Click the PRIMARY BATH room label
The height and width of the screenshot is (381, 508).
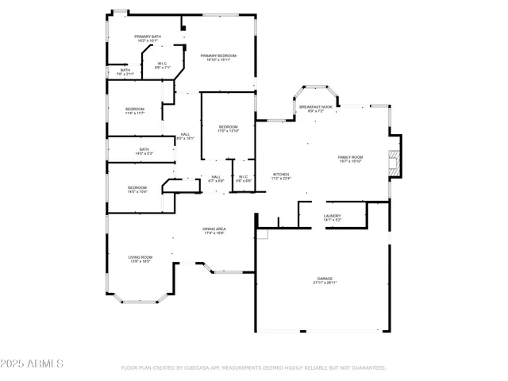click(x=147, y=37)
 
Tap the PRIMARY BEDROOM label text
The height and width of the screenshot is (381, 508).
click(x=218, y=56)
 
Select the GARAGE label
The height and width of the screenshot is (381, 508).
click(x=325, y=279)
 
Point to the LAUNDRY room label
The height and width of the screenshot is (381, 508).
click(x=332, y=216)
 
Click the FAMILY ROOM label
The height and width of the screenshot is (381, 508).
click(x=350, y=158)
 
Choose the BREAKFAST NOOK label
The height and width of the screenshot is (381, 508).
click(x=316, y=107)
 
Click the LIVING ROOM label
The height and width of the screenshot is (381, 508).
click(x=140, y=258)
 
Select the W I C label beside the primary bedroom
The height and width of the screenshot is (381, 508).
click(x=161, y=65)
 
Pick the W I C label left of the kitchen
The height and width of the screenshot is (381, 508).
click(x=243, y=178)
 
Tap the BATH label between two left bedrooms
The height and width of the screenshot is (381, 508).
click(x=144, y=150)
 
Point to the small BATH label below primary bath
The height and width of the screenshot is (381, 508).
click(x=125, y=71)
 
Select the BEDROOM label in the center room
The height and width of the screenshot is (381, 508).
click(x=229, y=128)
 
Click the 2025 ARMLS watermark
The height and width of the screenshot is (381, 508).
click(x=33, y=364)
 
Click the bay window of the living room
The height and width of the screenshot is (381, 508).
click(x=142, y=299)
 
